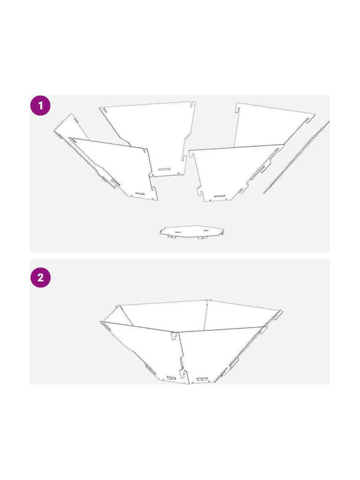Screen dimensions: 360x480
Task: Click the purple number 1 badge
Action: point(40,105)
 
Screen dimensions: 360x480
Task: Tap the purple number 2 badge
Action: point(41,277)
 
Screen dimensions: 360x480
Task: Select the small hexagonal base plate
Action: point(192,232)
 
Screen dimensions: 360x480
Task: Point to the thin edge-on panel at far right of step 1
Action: point(296,157)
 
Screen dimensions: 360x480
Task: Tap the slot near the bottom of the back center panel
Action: point(165,169)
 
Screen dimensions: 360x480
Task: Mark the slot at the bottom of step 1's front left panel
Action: point(141,193)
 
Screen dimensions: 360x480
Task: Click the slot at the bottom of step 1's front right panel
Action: point(221,196)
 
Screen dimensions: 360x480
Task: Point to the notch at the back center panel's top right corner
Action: point(193,105)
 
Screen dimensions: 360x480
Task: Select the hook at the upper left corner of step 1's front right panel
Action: point(191,154)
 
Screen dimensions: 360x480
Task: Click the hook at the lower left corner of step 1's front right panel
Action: point(200,191)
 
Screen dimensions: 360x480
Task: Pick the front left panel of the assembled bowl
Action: point(144,352)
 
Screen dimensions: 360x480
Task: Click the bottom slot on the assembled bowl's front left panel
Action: point(171,378)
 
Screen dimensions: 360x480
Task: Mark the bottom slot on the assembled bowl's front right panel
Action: point(201,379)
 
